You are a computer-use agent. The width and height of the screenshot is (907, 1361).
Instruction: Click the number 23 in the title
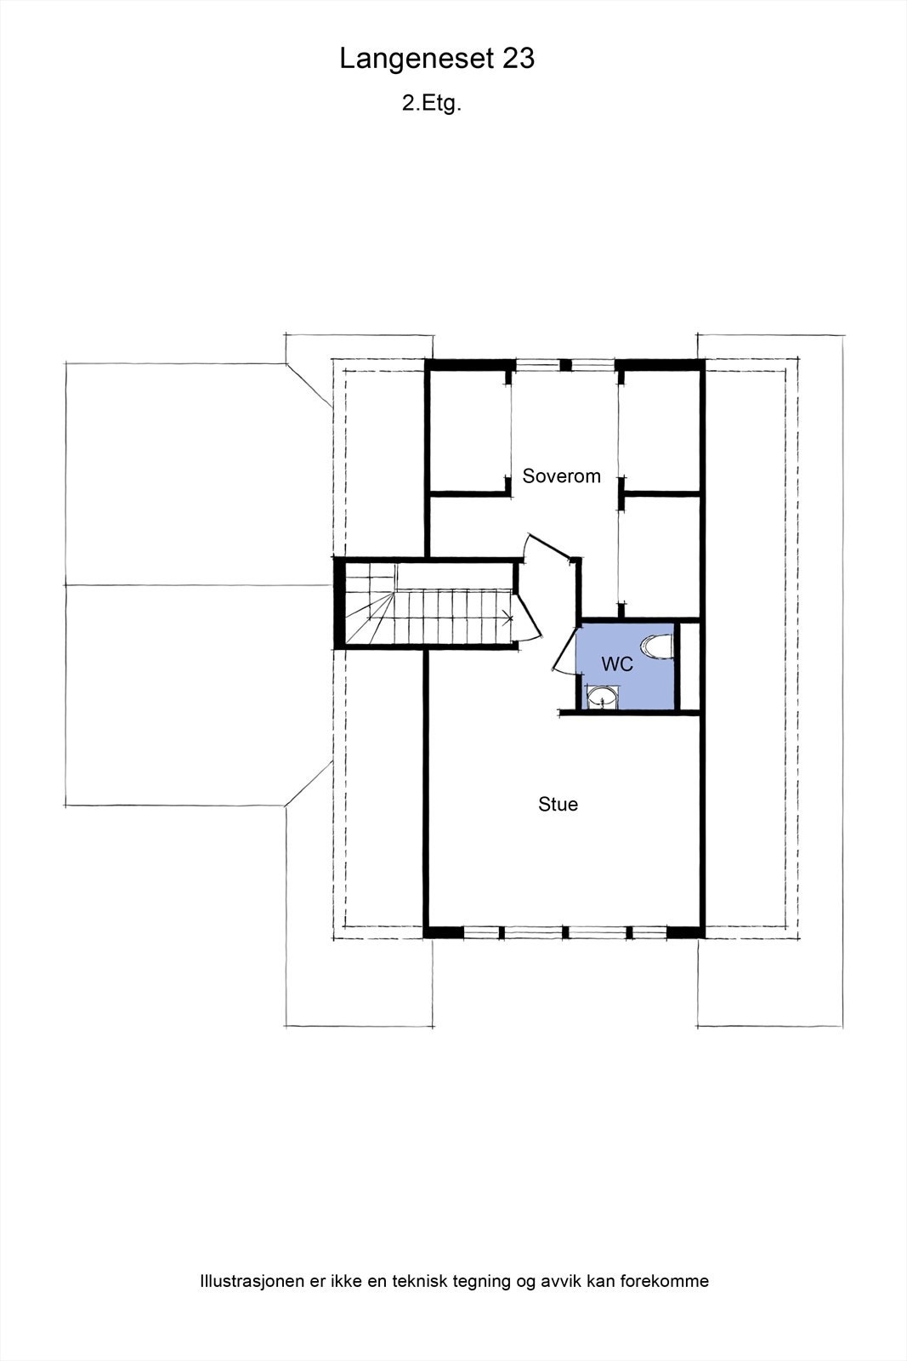tap(519, 59)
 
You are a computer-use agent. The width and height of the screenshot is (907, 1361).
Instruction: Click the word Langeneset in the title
tap(417, 59)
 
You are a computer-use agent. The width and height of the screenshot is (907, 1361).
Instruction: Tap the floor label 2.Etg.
tap(432, 104)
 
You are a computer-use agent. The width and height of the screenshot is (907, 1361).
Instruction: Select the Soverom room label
tap(561, 476)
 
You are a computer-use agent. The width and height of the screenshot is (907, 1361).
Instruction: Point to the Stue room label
tap(558, 805)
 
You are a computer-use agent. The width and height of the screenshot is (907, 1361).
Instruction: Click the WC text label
tap(617, 664)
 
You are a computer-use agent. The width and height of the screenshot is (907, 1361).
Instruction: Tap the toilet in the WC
tap(658, 646)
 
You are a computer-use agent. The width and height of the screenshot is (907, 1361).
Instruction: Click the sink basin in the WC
tap(603, 700)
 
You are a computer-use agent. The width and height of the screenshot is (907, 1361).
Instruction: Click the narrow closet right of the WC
tap(689, 667)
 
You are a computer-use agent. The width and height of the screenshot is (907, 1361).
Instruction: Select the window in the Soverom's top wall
tap(564, 366)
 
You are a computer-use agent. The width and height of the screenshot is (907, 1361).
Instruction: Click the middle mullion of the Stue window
tap(564, 932)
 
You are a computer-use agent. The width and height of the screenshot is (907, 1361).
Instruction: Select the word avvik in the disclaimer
tap(558, 1281)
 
